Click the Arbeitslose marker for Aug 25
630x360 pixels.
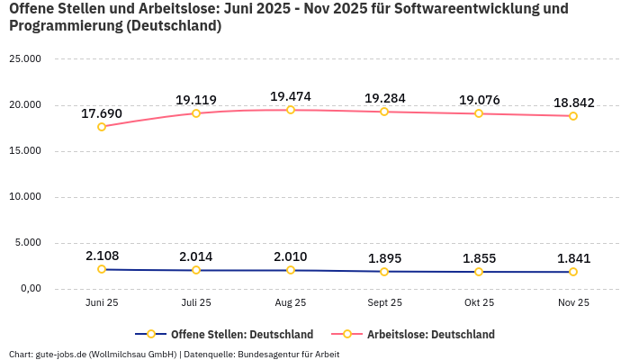(290, 110)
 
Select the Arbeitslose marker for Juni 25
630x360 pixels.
(102, 127)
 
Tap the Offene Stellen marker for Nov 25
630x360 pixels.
(572, 272)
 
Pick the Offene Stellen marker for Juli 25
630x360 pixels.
(196, 270)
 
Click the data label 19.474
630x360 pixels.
(290, 95)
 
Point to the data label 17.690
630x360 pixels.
(102, 113)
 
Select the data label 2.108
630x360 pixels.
(102, 256)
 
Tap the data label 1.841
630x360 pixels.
(572, 258)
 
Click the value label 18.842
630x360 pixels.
(572, 103)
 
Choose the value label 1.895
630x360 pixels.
(384, 258)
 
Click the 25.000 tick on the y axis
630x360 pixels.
(24, 59)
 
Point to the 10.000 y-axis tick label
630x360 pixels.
(24, 197)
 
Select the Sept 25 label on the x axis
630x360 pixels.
(384, 303)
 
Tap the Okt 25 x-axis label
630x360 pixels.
(479, 303)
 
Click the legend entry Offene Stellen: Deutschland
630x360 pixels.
(241, 334)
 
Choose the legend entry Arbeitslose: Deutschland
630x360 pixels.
(430, 334)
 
